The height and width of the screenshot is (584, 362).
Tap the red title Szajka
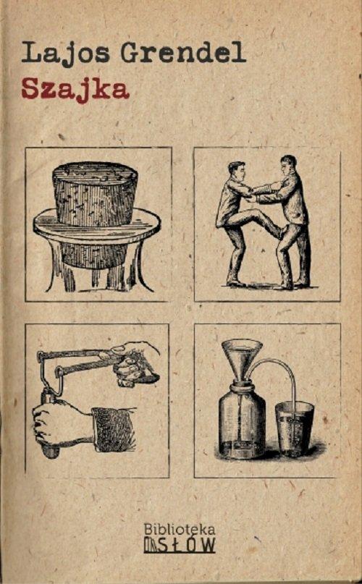point(75,89)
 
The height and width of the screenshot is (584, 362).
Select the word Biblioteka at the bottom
point(179,529)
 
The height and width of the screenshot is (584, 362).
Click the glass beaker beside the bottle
point(294,428)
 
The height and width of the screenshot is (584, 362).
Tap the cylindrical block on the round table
point(95,193)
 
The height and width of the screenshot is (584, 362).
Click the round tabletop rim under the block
point(96,230)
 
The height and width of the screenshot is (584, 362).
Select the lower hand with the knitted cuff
point(58,423)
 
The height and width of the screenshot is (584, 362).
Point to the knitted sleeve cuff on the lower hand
point(112,429)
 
